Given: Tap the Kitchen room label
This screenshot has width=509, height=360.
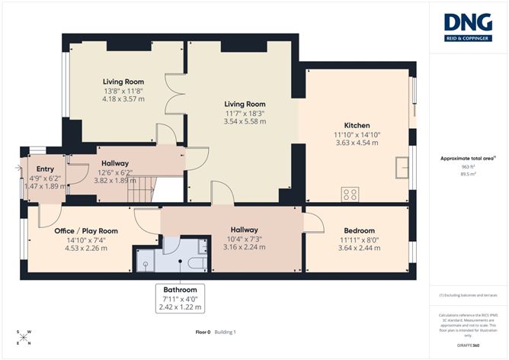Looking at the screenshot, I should [357, 126].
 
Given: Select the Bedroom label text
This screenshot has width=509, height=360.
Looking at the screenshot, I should [358, 230].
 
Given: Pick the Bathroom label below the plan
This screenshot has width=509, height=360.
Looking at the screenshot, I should [181, 291].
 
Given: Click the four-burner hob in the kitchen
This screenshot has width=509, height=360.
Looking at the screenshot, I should [351, 194].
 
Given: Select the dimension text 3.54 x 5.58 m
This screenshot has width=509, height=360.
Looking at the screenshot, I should [244, 122].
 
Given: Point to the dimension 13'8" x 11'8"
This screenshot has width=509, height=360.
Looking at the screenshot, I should [123, 91].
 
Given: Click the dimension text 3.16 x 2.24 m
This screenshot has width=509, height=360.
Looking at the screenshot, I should [244, 247].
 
